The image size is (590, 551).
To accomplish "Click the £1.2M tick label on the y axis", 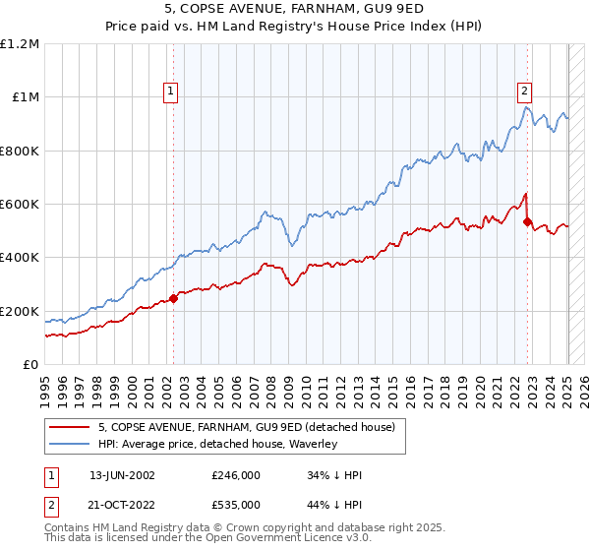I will click(x=20, y=44).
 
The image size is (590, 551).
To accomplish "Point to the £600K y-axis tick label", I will click(x=20, y=205).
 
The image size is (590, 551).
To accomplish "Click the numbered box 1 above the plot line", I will click(x=170, y=92).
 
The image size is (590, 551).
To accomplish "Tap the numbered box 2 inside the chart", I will click(x=524, y=92).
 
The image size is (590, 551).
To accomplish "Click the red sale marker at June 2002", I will click(x=174, y=298).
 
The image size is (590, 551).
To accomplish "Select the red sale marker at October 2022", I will click(x=528, y=221).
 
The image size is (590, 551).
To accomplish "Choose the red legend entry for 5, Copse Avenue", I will click(x=246, y=427).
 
